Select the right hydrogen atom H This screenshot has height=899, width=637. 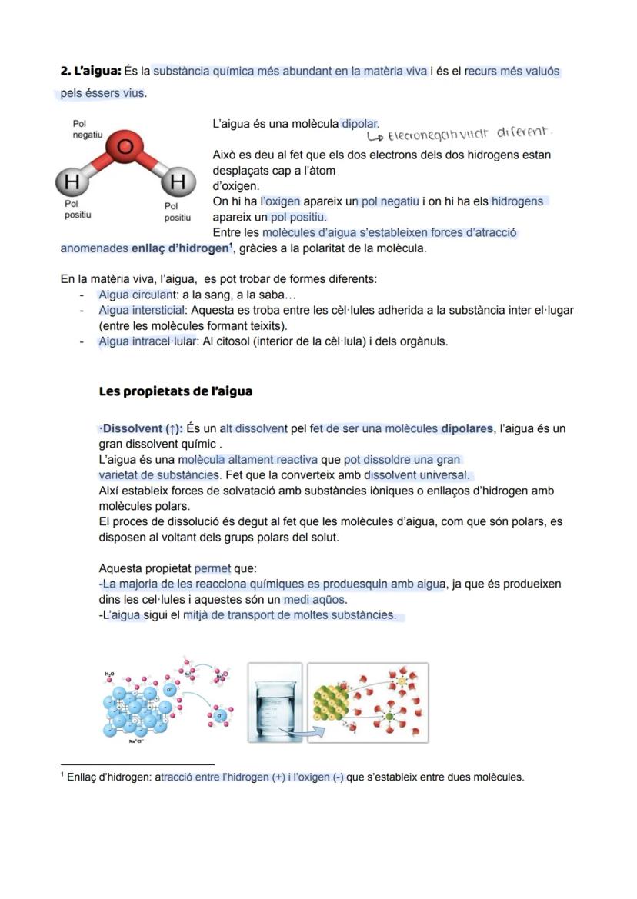178,182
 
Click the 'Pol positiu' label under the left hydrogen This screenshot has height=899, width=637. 77,209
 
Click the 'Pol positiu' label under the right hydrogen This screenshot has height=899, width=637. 177,211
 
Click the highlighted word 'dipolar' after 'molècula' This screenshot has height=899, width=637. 360,123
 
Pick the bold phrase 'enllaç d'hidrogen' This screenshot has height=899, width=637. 181,248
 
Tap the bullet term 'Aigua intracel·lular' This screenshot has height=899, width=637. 147,341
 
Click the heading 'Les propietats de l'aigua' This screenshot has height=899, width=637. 175,391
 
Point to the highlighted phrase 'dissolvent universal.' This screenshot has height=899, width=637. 416,475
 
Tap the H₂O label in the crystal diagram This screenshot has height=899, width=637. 109,674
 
